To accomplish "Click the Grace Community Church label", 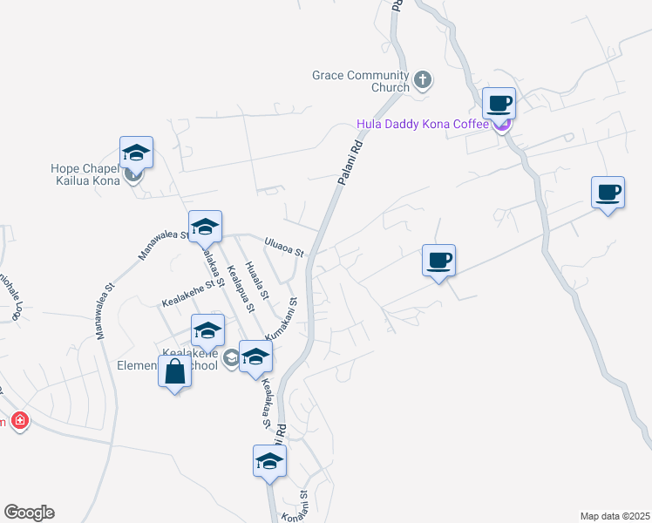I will tap(361, 81).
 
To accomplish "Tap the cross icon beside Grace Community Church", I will tap(423, 81).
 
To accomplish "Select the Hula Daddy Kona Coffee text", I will tap(423, 124).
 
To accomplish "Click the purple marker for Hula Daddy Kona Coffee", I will tap(501, 125).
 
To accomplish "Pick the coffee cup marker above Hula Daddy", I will tap(499, 103).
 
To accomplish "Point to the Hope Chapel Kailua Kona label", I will tap(90, 174).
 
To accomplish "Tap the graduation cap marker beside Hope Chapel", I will tap(137, 153).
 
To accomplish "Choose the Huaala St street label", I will tap(257, 282).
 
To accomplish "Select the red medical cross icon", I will tap(20, 422).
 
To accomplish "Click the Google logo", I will tap(29, 513).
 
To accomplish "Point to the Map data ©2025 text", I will tap(615, 515).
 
